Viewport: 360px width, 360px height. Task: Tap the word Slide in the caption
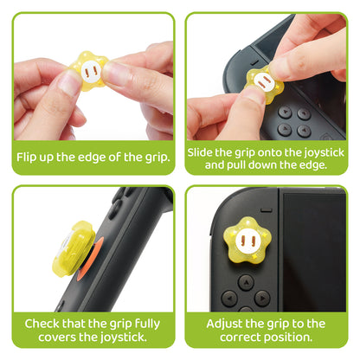coord(210,151)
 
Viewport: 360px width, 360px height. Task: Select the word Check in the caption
coord(43,324)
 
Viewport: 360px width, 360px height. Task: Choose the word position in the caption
coord(297,338)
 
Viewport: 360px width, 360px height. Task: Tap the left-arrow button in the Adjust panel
coord(229,297)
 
